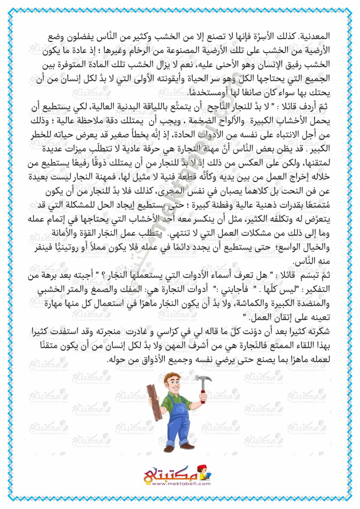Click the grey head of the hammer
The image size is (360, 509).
(204, 382)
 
